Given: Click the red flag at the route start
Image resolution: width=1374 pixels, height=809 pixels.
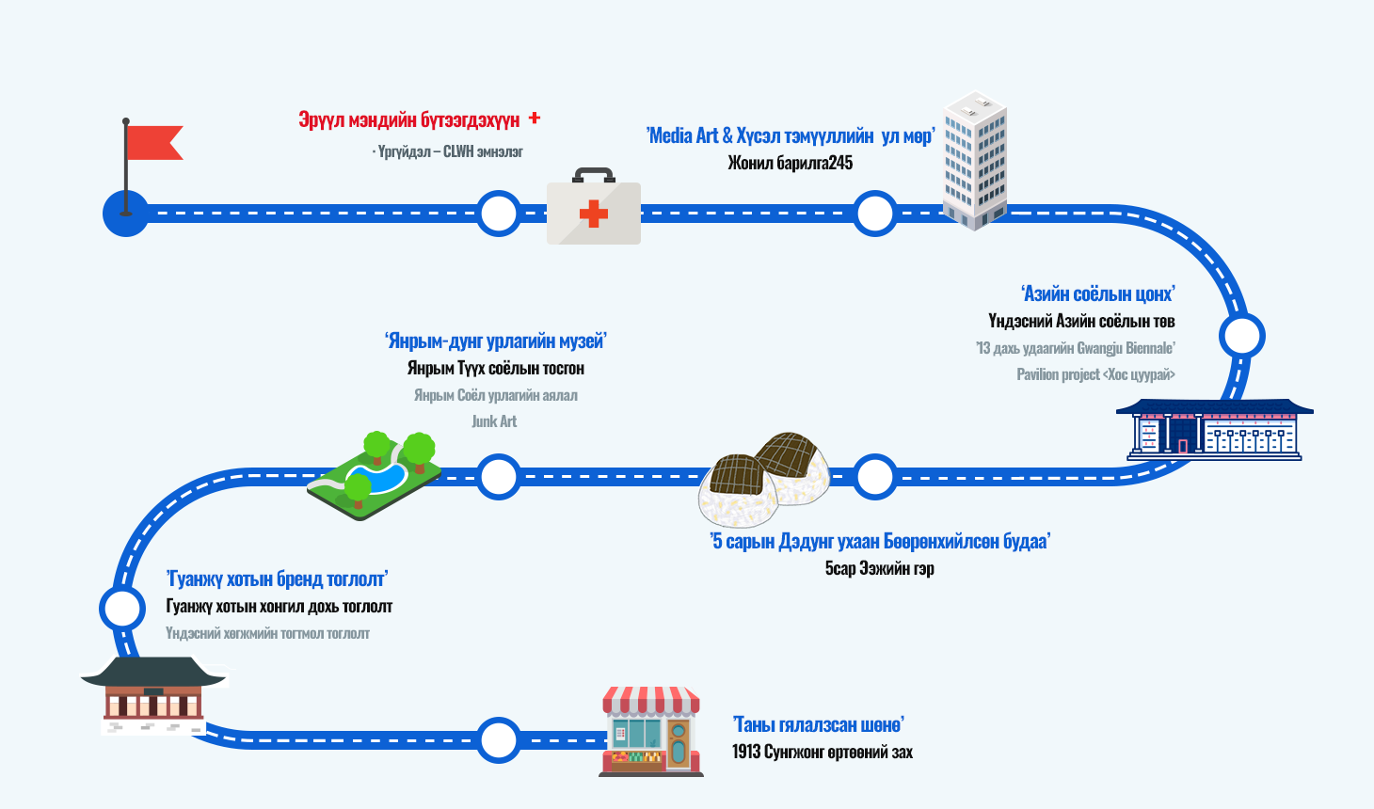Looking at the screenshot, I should [152, 142].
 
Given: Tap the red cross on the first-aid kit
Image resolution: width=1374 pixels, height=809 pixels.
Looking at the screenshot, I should [593, 214].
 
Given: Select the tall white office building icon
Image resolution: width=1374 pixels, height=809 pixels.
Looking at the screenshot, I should [976, 161].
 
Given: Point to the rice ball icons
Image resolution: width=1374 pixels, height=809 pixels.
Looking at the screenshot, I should [764, 478].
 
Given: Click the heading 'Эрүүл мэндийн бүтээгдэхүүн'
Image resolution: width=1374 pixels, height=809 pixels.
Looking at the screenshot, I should [409, 120].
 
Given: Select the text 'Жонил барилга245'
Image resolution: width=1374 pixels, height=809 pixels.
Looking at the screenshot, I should [791, 163].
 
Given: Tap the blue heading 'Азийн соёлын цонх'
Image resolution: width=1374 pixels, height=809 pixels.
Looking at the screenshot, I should [1098, 294].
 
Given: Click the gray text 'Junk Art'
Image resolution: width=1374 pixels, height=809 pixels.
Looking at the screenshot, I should [494, 421].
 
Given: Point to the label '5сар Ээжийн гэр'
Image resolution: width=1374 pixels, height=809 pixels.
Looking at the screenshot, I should [880, 568].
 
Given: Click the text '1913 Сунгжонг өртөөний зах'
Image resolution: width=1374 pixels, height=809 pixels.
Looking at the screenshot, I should [823, 752].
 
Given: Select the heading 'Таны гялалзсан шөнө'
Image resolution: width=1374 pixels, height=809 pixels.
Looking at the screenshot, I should [818, 724].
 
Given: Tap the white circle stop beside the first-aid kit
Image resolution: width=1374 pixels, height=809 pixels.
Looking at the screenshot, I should [498, 214].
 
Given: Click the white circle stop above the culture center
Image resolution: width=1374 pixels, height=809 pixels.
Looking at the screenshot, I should [1241, 336].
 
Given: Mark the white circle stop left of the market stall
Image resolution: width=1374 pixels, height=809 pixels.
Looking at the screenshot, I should [498, 739].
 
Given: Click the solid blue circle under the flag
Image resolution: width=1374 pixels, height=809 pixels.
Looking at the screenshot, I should [125, 214].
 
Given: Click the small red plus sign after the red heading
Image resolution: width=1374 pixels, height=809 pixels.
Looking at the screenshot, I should [535, 119].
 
